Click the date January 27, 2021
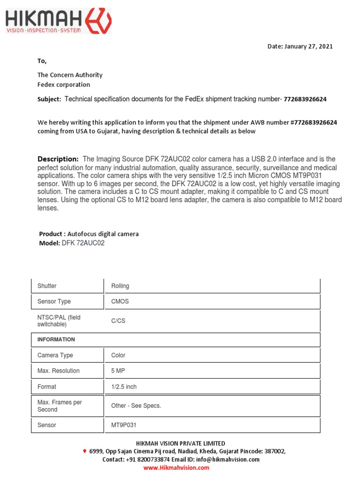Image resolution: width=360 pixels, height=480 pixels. [x=300, y=46]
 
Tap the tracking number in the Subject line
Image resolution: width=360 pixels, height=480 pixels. [x=305, y=99]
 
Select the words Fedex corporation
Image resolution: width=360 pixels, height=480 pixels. [x=64, y=85]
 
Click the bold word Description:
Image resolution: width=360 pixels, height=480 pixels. [x=58, y=159]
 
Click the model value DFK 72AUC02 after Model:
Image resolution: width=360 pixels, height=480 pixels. [x=83, y=243]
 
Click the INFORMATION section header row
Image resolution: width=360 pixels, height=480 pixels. [x=176, y=339]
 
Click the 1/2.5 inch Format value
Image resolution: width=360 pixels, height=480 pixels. [x=124, y=387]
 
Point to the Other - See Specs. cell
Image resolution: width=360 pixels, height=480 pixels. [x=136, y=406]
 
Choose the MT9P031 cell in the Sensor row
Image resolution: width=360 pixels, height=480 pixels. [x=124, y=425]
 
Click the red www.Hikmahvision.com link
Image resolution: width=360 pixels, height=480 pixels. [x=176, y=468]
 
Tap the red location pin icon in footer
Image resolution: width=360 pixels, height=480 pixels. [x=84, y=451]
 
